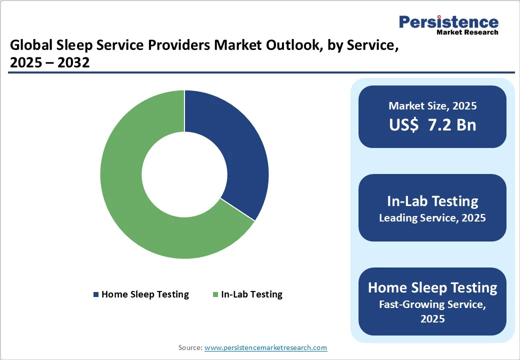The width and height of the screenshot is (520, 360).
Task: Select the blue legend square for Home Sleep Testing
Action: coord(96,294)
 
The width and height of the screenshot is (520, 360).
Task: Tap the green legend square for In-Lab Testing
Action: coord(215,294)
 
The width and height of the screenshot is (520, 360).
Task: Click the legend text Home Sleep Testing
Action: coord(145,294)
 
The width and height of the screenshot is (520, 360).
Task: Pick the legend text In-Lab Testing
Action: coord(251,294)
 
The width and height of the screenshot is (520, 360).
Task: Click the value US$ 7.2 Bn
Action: coord(432,125)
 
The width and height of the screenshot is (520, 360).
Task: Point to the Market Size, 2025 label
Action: coord(432,106)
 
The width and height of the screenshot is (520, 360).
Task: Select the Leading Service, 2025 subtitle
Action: coord(432,218)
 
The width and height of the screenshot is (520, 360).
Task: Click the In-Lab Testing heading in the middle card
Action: coord(432,201)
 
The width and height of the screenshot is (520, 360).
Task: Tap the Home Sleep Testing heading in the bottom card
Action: coord(432,287)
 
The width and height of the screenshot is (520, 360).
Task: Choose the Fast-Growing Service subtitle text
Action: coord(432,303)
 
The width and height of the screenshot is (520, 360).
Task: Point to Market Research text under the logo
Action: coord(467,32)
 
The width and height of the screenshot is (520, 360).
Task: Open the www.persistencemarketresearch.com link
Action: coord(265,347)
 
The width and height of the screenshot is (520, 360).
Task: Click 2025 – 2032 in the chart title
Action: coord(49,63)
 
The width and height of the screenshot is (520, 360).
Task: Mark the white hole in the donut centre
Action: coord(184,174)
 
